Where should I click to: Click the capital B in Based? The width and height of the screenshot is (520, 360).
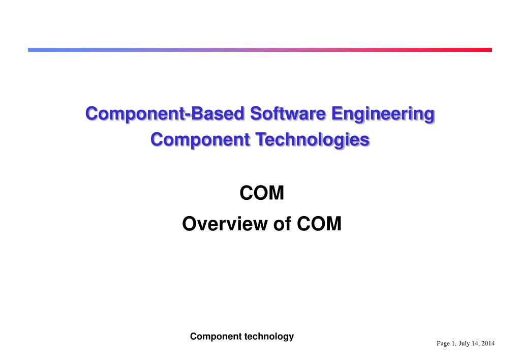pos(195,113)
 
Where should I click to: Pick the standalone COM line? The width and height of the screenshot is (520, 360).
pos(261,194)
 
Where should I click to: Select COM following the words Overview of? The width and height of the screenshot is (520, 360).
pos(319,223)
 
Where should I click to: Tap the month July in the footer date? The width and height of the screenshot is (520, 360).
pos(464,344)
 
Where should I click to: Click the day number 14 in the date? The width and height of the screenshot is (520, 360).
pos(476,344)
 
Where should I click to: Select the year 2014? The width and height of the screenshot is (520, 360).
pos(488,344)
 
